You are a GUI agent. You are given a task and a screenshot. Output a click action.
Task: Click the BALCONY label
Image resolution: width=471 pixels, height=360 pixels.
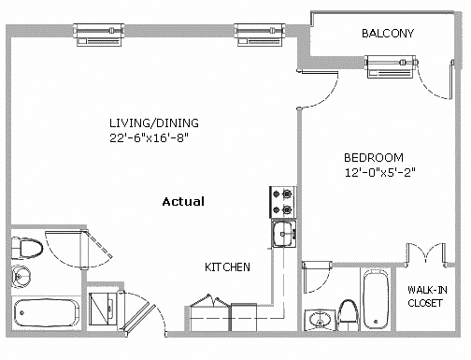[388, 33]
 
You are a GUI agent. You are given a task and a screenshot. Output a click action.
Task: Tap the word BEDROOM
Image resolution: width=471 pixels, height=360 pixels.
[374, 158]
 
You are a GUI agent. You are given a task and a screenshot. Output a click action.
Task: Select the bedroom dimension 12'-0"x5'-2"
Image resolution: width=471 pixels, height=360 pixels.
[380, 172]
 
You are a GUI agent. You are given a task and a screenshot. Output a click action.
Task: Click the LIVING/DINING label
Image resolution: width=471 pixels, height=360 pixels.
[154, 123]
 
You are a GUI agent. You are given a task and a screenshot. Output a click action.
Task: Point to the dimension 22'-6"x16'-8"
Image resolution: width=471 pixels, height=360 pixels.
[150, 137]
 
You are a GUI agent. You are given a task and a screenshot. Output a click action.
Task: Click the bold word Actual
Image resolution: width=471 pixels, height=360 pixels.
[183, 202]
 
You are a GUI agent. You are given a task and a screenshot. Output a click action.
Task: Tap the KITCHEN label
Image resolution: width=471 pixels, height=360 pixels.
[227, 267]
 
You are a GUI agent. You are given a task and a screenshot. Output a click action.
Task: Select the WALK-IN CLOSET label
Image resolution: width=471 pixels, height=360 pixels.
[427, 296]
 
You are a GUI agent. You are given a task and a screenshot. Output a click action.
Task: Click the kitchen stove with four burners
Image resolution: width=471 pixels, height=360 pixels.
[283, 202]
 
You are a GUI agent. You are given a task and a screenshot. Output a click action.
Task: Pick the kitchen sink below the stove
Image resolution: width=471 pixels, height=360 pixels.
[284, 234]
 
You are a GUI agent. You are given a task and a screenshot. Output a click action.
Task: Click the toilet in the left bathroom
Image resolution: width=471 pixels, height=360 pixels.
[26, 249]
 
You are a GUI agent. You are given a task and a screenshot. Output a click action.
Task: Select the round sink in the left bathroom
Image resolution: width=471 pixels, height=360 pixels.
[21, 276]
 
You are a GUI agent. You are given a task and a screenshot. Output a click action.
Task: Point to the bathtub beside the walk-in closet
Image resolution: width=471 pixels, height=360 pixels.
[377, 299]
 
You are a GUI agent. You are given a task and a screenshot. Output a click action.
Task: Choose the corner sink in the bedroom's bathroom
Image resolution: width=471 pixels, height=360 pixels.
[319, 319]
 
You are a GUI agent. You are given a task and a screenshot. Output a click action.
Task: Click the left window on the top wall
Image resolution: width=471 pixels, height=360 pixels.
[99, 35]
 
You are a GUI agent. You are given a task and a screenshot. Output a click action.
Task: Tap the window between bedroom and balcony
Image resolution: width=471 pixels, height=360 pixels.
[391, 66]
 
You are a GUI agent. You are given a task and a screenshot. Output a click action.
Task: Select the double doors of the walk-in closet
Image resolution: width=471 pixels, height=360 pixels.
[426, 254]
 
